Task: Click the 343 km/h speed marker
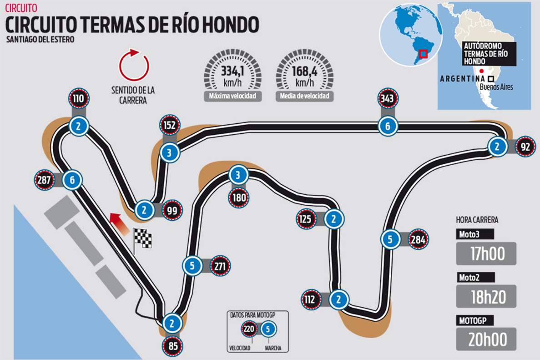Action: pos(388,99)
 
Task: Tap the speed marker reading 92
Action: pos(526,147)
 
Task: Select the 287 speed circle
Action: pos(44,180)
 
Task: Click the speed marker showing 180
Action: pos(239,198)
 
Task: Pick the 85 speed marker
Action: pos(173,346)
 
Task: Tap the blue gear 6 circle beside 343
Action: pos(388,126)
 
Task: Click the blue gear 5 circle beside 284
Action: pos(390,239)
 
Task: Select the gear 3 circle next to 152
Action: pos(169,153)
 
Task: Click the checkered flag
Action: pos(142,238)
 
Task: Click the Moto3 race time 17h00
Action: pos(486,254)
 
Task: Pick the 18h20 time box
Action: pos(486,296)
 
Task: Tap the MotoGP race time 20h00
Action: pos(486,339)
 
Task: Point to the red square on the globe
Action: pos(423,54)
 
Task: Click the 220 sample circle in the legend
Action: pos(248,329)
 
